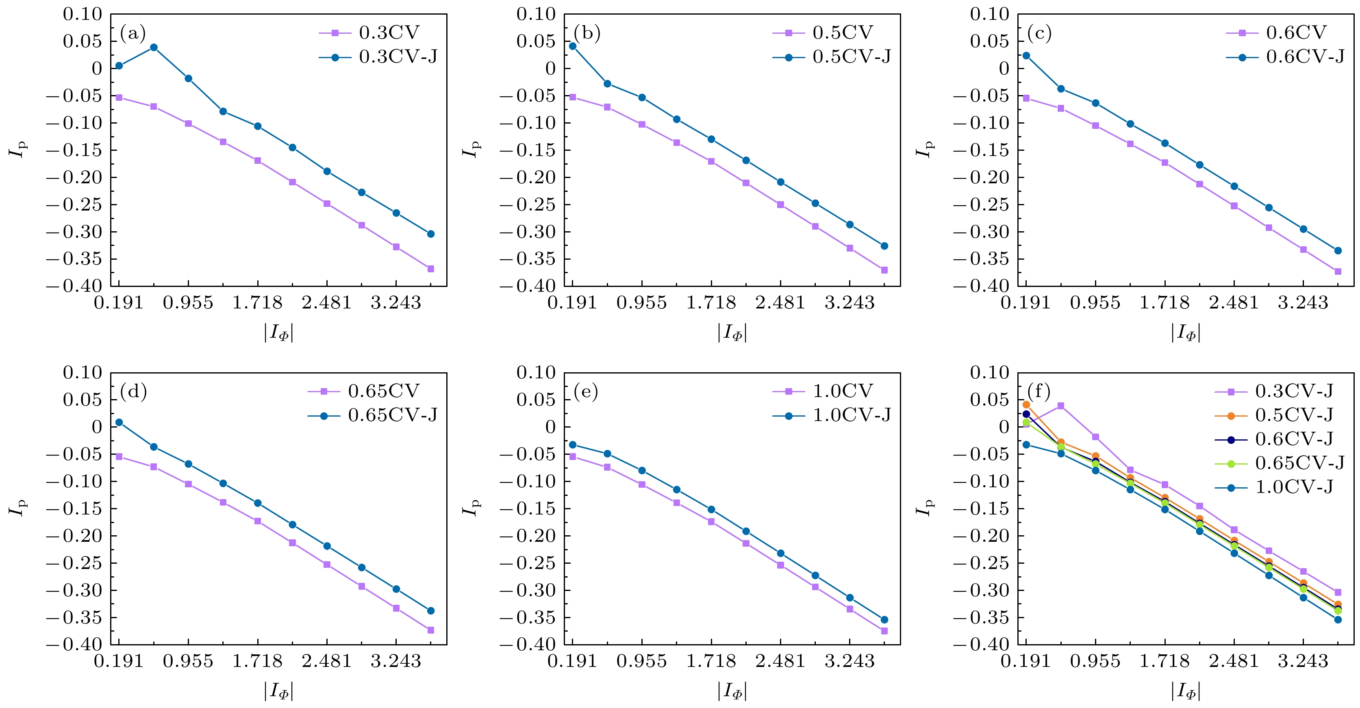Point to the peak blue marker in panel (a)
pyautogui.click(x=154, y=47)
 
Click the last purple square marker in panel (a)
pyautogui.click(x=431, y=269)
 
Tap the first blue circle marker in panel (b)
pyautogui.click(x=573, y=46)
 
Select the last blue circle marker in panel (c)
pyautogui.click(x=1338, y=251)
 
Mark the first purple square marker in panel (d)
pyautogui.click(x=119, y=457)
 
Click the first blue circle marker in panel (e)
pyautogui.click(x=573, y=445)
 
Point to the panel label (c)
pyautogui.click(x=1039, y=34)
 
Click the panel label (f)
pyautogui.click(x=1038, y=392)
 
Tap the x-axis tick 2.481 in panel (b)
pyautogui.click(x=780, y=304)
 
